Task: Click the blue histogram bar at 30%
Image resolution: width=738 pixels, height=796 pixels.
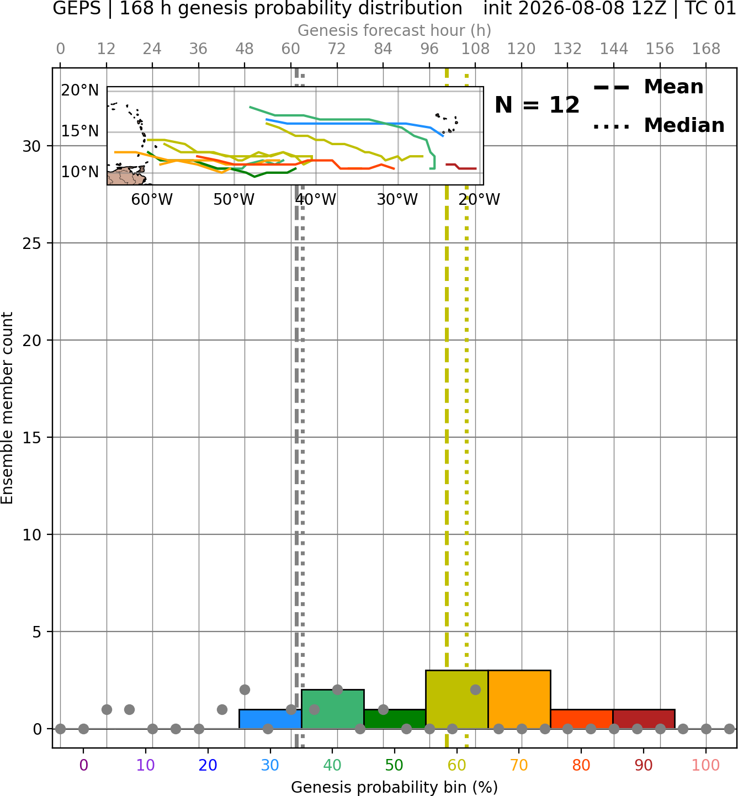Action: click(x=270, y=719)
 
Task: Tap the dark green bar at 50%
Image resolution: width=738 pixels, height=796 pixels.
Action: click(x=395, y=719)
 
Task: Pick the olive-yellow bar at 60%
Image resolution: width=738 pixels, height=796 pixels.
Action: click(x=457, y=699)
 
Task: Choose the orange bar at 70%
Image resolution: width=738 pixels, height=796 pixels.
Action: click(x=519, y=699)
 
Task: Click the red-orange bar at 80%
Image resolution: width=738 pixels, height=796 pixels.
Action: click(x=582, y=719)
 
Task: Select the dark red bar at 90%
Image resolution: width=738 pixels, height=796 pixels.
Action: click(x=644, y=719)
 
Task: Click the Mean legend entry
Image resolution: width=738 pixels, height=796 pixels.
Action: click(x=649, y=87)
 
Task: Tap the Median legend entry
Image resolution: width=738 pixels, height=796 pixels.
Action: click(x=659, y=125)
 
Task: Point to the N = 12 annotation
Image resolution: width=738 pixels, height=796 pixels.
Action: click(x=537, y=105)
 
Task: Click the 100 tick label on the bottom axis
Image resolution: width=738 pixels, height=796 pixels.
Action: click(x=706, y=765)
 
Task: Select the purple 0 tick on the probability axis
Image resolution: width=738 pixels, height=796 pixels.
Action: click(x=83, y=765)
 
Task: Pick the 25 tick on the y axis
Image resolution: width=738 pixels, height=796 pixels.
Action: click(x=31, y=243)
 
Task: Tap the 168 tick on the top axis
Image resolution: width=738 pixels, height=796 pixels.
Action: click(x=706, y=49)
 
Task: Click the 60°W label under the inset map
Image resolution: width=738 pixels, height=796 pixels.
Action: click(x=152, y=199)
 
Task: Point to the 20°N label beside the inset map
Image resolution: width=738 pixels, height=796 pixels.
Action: click(x=80, y=90)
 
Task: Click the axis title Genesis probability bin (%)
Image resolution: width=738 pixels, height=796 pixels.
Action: click(x=395, y=787)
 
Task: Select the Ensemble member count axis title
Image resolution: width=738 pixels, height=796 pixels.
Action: click(x=7, y=408)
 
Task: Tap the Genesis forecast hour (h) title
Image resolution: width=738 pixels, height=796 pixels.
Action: click(x=395, y=30)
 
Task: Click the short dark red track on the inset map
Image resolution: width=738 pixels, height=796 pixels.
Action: click(x=461, y=166)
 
